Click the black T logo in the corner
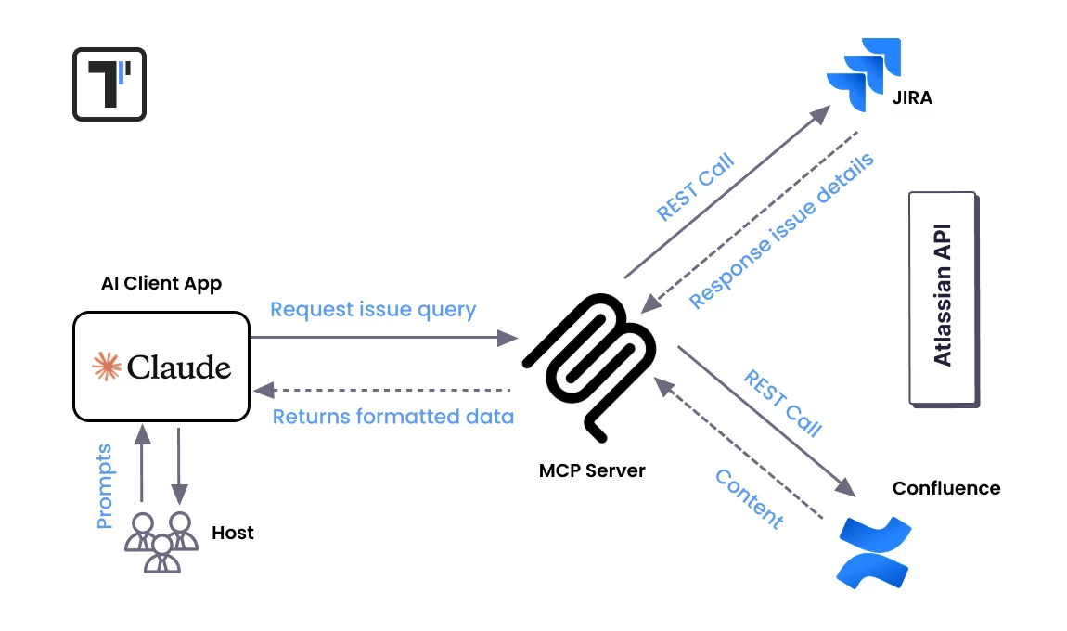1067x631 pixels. pyautogui.click(x=109, y=84)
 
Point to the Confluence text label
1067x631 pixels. pyautogui.click(x=945, y=488)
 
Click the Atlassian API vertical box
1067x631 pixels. pyautogui.click(x=943, y=298)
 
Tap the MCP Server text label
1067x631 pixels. pyautogui.click(x=592, y=470)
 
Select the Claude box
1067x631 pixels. pyautogui.click(x=161, y=366)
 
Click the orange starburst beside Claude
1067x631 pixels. pyautogui.click(x=107, y=367)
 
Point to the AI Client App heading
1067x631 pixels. pyautogui.click(x=161, y=284)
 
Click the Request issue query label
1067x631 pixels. pyautogui.click(x=373, y=309)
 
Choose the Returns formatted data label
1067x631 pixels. pyautogui.click(x=392, y=417)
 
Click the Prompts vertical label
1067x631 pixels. pyautogui.click(x=105, y=486)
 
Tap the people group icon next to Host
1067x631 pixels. pyautogui.click(x=161, y=541)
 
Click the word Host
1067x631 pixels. pyautogui.click(x=232, y=533)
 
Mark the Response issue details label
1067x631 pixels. pyautogui.click(x=781, y=231)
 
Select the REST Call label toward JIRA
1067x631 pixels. pyautogui.click(x=695, y=187)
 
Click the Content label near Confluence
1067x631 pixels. pyautogui.click(x=749, y=498)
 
